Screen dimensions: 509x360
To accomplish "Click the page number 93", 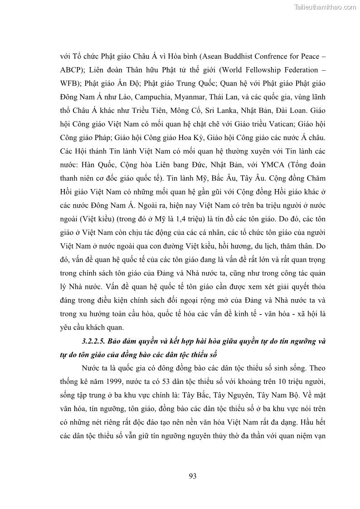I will pyautogui.click(x=192, y=475).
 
